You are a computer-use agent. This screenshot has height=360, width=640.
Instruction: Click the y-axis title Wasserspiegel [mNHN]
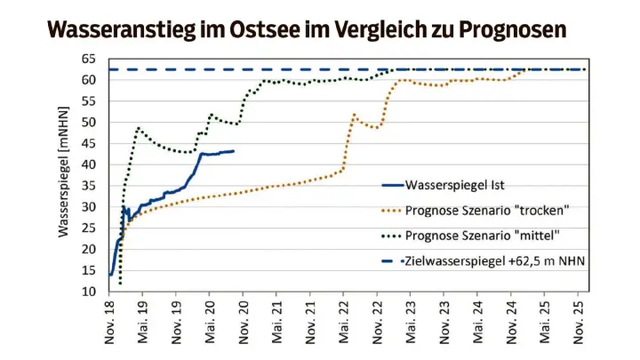coord(64,175)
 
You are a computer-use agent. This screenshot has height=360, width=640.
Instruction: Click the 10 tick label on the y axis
coord(90,292)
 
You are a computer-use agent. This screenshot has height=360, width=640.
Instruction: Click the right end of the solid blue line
coord(233,151)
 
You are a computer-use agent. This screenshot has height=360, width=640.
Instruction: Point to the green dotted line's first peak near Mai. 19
coord(139,128)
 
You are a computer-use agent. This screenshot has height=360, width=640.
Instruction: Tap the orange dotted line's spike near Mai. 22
coord(354,115)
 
